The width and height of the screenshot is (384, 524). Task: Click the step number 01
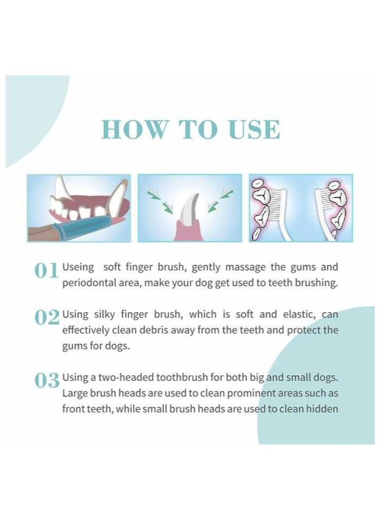[x=47, y=271]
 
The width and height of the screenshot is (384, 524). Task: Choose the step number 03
[x=47, y=381]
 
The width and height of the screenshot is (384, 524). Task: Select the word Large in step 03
[x=74, y=393]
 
